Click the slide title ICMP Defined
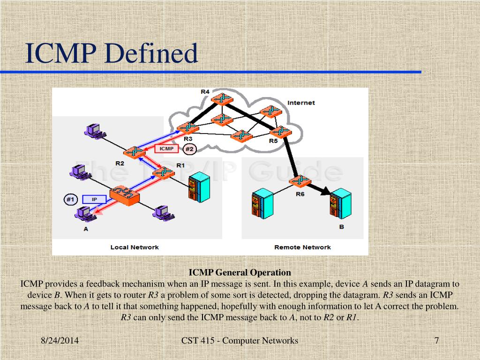pyautogui.click(x=112, y=53)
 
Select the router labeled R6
pyautogui.click(x=300, y=181)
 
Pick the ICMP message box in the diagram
pyautogui.click(x=166, y=149)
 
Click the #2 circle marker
pyautogui.click(x=189, y=149)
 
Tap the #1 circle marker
pyautogui.click(x=70, y=200)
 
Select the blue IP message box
pyautogui.click(x=94, y=200)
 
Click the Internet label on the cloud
pyautogui.click(x=301, y=103)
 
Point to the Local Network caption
pyautogui.click(x=135, y=247)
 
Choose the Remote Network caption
pyautogui.click(x=302, y=247)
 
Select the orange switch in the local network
pyautogui.click(x=124, y=195)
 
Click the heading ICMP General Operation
pyautogui.click(x=240, y=272)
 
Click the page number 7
pyautogui.click(x=436, y=341)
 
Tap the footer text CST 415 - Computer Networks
pyautogui.click(x=240, y=341)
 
